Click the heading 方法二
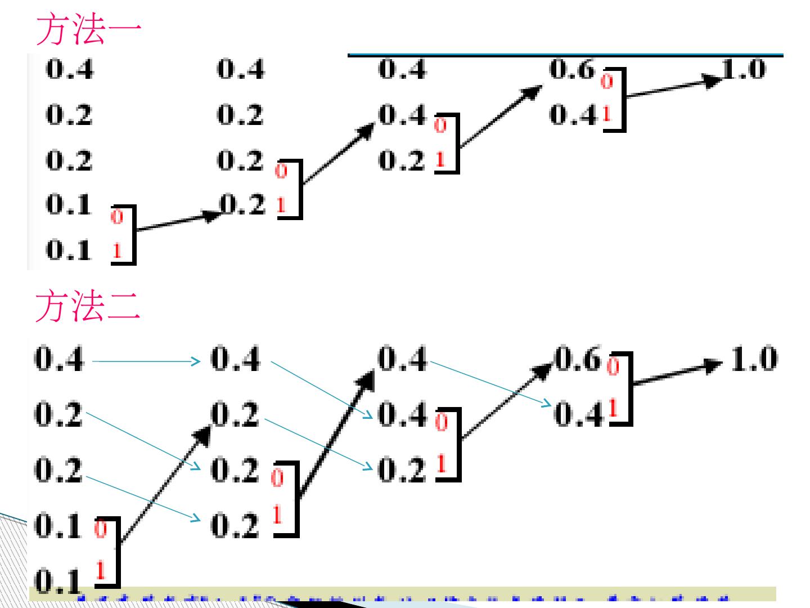click(88, 307)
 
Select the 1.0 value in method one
click(744, 70)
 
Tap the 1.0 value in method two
click(754, 359)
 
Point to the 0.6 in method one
click(571, 70)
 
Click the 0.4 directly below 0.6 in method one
click(571, 115)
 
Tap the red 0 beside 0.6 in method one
click(606, 82)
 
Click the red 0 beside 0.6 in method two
click(613, 367)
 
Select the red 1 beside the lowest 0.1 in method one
click(116, 251)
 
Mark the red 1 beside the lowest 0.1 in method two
click(101, 571)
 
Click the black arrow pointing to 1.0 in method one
click(672, 88)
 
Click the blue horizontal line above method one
click(565, 55)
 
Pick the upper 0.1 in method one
click(69, 205)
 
